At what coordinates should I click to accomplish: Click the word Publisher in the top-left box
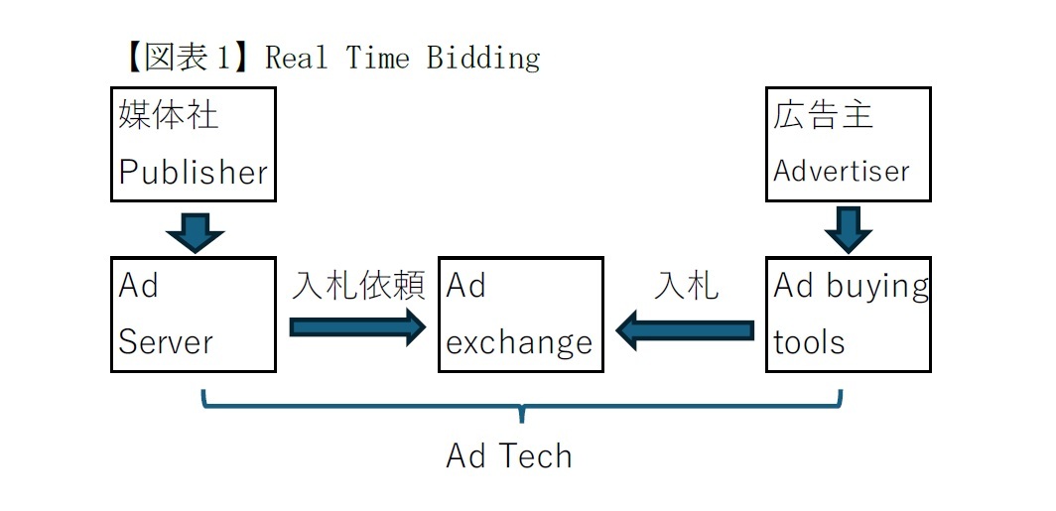point(194,173)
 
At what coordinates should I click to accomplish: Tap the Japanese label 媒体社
point(168,115)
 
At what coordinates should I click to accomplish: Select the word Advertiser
point(842,172)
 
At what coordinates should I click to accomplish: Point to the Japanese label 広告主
point(823,115)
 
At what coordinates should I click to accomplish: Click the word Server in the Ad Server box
point(166,342)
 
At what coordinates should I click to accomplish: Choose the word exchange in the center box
point(519,343)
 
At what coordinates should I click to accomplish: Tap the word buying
point(879,287)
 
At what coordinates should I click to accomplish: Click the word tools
point(809,342)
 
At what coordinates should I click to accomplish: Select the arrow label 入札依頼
point(358,286)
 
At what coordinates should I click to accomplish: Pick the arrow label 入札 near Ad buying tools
point(687,286)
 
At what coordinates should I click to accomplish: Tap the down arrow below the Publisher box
point(195,230)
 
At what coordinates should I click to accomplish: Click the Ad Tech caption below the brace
point(509,456)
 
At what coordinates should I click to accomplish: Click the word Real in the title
point(296,58)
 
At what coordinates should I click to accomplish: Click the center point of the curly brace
point(522,409)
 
